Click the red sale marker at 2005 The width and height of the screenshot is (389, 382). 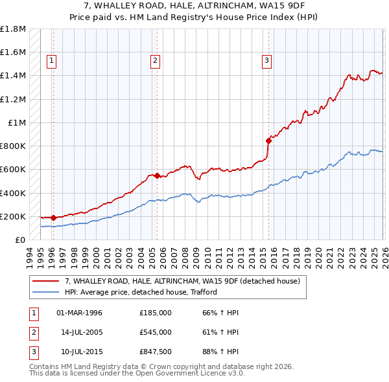coord(157,175)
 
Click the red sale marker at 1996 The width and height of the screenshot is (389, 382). coord(53,218)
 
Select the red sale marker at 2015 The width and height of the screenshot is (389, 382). coord(268,140)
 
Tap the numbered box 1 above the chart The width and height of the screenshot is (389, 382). coord(52,61)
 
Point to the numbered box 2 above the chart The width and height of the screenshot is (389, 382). coord(156,61)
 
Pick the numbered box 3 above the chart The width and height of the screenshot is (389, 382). coord(266,61)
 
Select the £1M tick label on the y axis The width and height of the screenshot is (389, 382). coord(17,122)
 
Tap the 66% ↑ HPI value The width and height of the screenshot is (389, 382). coord(220,313)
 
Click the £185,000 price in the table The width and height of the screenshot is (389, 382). coord(156,313)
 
